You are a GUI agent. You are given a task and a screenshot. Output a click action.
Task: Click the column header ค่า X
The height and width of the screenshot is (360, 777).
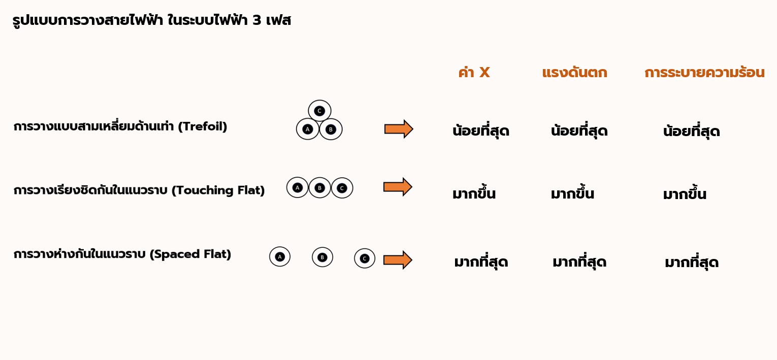point(474,73)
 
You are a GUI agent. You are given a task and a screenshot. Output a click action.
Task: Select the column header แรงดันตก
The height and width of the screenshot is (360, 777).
point(574,73)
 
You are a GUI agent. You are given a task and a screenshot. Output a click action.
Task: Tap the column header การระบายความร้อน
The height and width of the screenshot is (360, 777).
point(704,73)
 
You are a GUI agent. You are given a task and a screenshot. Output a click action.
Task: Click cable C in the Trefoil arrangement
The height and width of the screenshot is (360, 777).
point(319,111)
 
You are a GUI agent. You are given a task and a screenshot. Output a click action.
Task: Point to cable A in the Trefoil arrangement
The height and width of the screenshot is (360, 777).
point(307,129)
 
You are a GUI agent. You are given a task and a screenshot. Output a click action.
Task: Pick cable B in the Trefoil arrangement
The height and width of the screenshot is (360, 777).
point(331,129)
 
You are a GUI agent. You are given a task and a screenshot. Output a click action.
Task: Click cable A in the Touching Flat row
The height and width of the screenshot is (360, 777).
point(298,188)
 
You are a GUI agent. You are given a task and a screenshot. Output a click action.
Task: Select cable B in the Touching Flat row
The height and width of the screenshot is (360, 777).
point(319,188)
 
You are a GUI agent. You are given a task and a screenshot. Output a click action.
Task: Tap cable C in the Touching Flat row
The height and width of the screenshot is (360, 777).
point(342,188)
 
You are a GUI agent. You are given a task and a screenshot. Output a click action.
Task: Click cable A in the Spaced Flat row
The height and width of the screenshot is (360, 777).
point(279,256)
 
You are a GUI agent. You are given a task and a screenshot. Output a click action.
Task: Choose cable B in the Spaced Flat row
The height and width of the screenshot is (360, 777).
point(322,257)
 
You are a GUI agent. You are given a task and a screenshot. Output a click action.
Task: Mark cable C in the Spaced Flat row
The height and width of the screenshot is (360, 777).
point(364,258)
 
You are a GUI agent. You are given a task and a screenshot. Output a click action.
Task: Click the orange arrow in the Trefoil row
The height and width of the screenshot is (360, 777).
point(399,129)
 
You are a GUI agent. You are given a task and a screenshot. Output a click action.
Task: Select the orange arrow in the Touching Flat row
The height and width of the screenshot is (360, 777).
point(398,187)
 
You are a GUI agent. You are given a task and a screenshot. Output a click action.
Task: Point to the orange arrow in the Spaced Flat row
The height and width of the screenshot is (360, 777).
point(398,260)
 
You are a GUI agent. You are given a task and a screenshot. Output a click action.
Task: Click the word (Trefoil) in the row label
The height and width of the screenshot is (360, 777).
point(203,126)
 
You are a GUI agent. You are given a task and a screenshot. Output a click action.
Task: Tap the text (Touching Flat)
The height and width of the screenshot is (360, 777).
point(218,190)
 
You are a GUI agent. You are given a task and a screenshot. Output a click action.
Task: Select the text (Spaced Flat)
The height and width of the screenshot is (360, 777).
point(190,254)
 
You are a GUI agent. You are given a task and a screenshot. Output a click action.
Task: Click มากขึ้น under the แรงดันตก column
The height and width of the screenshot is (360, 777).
point(572,194)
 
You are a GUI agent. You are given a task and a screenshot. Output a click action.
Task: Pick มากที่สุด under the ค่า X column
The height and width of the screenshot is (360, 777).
point(481,263)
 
